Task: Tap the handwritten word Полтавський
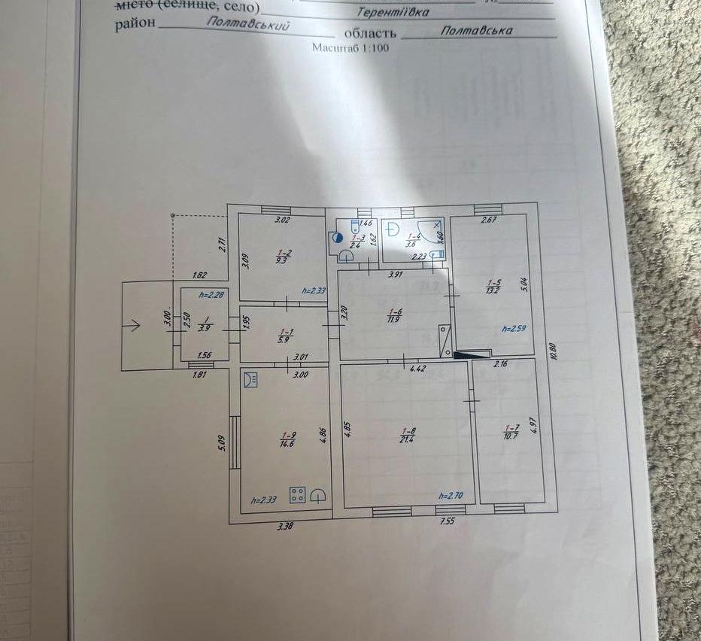coord(247,25)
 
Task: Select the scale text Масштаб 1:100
coord(350,47)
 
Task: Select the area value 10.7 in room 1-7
coord(511,436)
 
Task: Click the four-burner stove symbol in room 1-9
coord(298,494)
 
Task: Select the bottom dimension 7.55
coord(448,520)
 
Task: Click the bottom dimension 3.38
coord(285,526)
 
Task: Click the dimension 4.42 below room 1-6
coord(419,368)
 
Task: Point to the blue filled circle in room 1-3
coord(337,237)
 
